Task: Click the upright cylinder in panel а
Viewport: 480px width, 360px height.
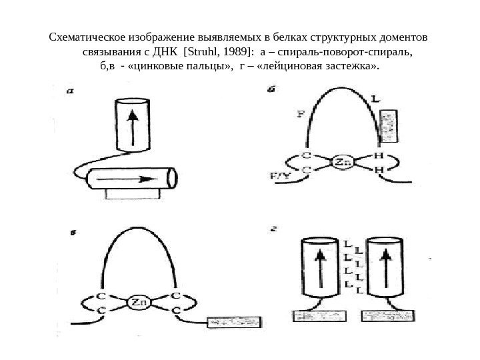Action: click(133, 126)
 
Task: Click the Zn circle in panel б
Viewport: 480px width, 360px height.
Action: click(342, 162)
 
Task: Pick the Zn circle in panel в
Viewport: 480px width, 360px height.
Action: click(139, 303)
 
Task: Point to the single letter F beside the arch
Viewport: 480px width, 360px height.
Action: click(301, 113)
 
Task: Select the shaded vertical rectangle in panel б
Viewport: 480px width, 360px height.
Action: click(389, 127)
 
